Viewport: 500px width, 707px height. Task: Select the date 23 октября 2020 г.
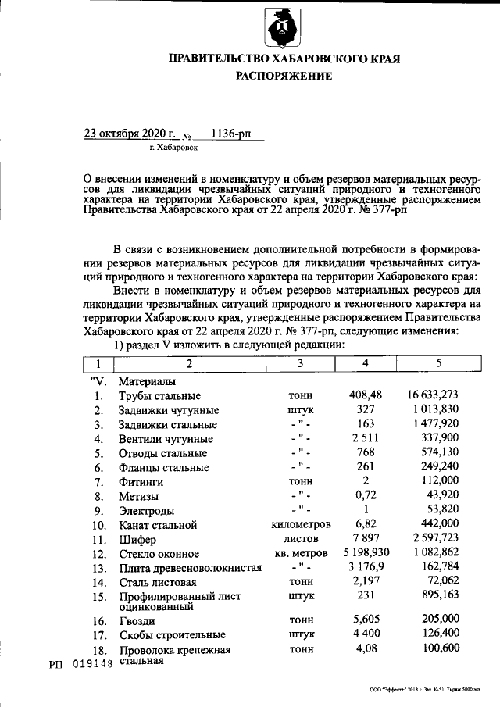(130, 134)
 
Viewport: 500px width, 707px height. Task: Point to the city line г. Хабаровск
(173, 146)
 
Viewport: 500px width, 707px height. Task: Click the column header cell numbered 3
(300, 364)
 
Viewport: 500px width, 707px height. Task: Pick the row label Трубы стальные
(159, 396)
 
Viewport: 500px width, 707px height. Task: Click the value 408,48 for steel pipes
(365, 395)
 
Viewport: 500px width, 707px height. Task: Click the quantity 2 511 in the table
(365, 438)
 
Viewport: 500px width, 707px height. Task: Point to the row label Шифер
(137, 539)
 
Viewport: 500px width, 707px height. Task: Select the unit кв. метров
(300, 553)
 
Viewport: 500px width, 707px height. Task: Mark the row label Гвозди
(137, 621)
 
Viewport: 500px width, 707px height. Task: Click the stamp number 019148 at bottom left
(92, 663)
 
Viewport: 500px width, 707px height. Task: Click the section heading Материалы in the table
(146, 382)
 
